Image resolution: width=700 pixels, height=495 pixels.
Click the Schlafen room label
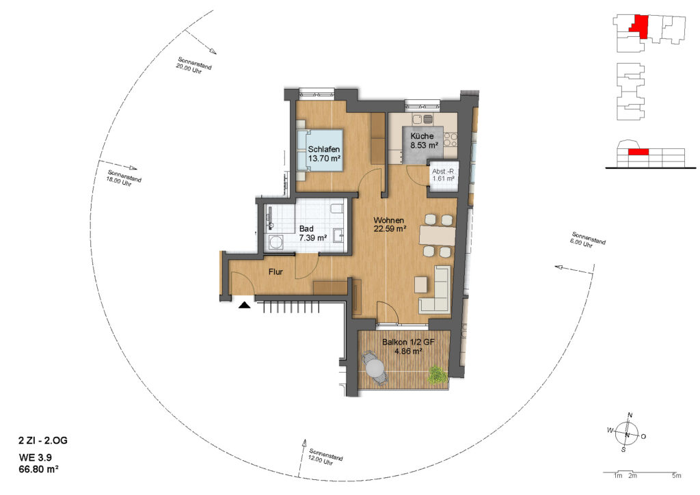click(x=323, y=150)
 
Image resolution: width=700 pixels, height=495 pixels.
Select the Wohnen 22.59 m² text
click(x=389, y=225)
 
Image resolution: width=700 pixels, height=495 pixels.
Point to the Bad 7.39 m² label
click(x=313, y=233)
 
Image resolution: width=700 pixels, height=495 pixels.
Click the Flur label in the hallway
click(x=275, y=271)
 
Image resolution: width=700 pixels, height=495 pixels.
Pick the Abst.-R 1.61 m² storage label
click(x=443, y=175)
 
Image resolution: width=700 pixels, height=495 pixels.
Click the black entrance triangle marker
click(x=244, y=306)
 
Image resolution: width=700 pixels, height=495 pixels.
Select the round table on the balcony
click(x=375, y=369)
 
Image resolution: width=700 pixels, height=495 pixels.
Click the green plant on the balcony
click(x=437, y=375)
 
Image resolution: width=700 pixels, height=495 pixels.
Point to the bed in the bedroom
click(x=319, y=150)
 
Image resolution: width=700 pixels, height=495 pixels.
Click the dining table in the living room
click(x=437, y=236)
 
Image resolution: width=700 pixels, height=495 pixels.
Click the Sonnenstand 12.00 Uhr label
click(x=325, y=457)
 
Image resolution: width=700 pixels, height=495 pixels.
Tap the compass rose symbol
click(x=627, y=434)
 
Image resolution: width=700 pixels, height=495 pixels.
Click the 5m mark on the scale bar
click(x=677, y=476)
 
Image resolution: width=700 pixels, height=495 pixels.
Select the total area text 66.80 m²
click(x=38, y=469)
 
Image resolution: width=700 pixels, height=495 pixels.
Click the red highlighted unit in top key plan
click(x=639, y=26)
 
